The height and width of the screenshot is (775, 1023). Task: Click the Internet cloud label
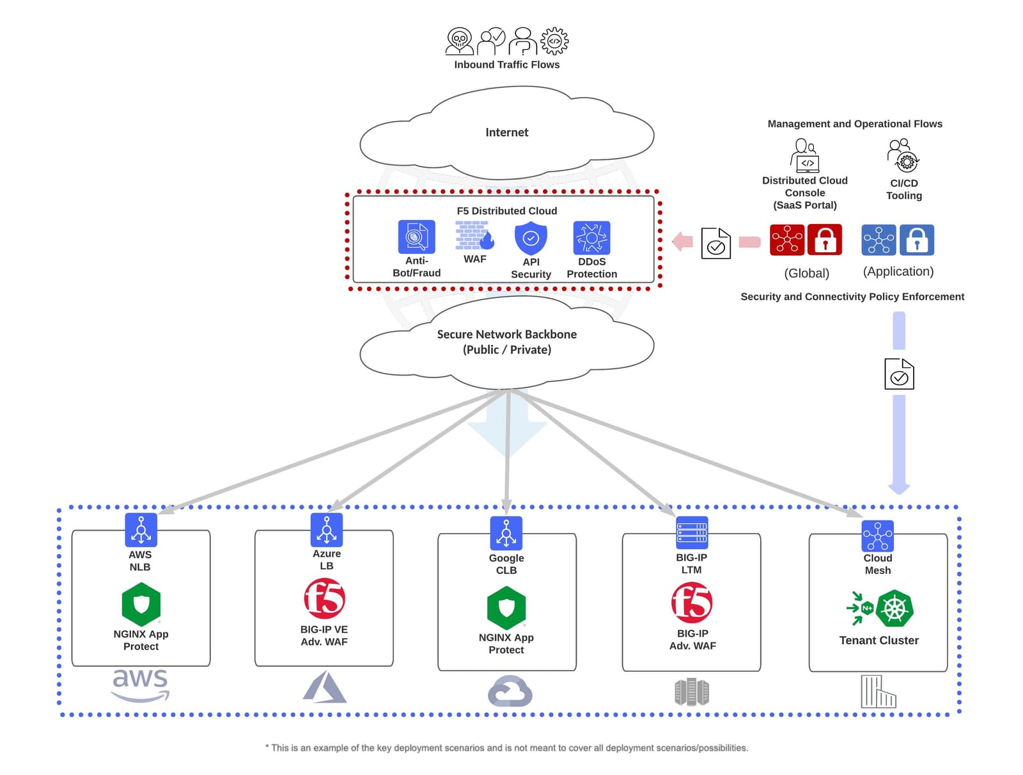click(x=506, y=132)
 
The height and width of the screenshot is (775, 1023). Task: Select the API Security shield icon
click(x=531, y=238)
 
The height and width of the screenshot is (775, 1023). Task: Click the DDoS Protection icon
click(x=591, y=238)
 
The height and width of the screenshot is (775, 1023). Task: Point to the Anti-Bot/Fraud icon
click(x=416, y=237)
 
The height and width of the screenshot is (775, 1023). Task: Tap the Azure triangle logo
click(x=325, y=688)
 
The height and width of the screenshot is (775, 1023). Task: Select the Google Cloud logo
click(x=510, y=691)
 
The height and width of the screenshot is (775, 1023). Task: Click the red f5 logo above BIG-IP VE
click(x=324, y=598)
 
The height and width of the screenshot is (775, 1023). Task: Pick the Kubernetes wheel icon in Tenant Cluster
click(x=894, y=608)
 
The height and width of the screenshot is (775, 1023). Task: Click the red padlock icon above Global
click(x=825, y=240)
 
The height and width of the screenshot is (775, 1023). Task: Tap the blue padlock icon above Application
click(x=916, y=240)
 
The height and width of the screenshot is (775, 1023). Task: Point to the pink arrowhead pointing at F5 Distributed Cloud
click(x=683, y=241)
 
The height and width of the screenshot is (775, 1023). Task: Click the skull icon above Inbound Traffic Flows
click(x=459, y=41)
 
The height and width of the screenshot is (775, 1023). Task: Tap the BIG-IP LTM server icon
click(x=692, y=532)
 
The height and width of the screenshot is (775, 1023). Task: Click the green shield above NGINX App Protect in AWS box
click(x=141, y=604)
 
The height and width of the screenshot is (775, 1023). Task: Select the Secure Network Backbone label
click(x=506, y=342)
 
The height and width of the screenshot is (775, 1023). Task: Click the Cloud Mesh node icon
click(x=878, y=536)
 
